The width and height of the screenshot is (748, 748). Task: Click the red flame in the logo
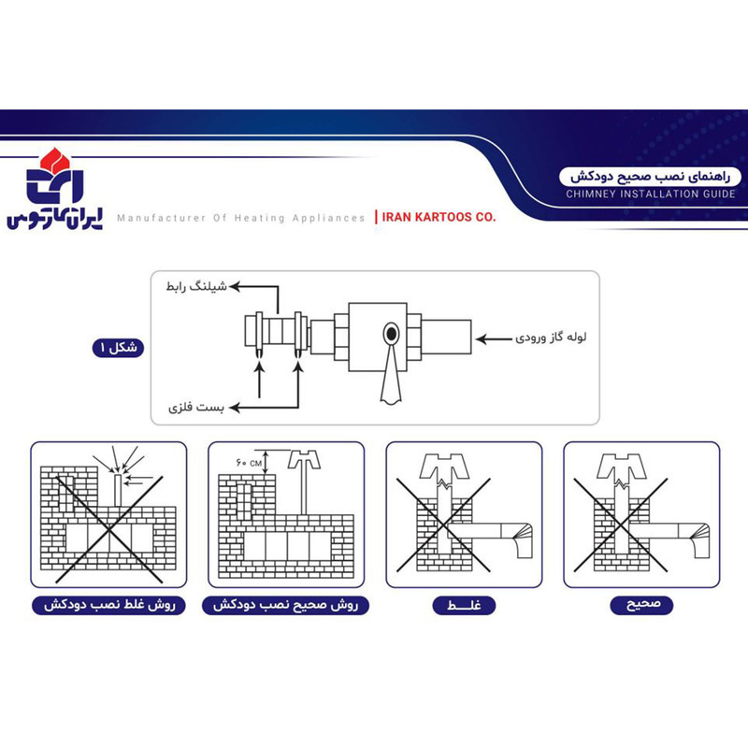55,160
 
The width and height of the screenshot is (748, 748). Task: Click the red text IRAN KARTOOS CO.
439,217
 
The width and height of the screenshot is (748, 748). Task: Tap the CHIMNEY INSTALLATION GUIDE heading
651,194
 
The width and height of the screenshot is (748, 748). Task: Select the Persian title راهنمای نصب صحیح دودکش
651,177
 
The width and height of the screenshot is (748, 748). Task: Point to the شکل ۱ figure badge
118,347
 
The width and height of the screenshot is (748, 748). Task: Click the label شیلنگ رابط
196,287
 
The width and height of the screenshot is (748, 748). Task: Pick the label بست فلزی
196,408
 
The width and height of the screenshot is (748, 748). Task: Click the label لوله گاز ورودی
551,338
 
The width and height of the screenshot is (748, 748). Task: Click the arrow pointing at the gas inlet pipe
494,339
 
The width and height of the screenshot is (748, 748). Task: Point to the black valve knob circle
391,334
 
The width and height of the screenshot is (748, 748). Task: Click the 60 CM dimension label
249,463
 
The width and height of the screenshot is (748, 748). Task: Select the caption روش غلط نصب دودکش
108,605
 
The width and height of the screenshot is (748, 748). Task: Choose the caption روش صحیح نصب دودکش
286,605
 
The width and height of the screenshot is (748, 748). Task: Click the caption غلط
464,605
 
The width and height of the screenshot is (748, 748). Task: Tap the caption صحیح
641,605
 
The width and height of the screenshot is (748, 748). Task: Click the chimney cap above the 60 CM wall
304,459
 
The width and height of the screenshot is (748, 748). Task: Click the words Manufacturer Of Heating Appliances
241,218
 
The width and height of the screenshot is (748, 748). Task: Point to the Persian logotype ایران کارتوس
54,220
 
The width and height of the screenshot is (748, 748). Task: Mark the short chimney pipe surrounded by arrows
118,490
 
